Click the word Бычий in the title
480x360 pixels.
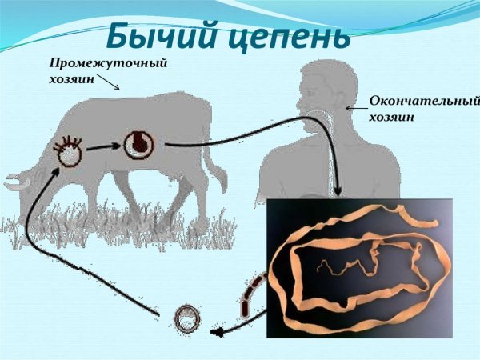click(x=164, y=36)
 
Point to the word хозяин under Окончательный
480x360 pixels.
click(x=392, y=117)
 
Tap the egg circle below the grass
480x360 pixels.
click(x=189, y=319)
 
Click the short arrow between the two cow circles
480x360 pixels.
click(x=101, y=147)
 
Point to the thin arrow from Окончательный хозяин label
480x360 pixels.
click(x=355, y=106)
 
